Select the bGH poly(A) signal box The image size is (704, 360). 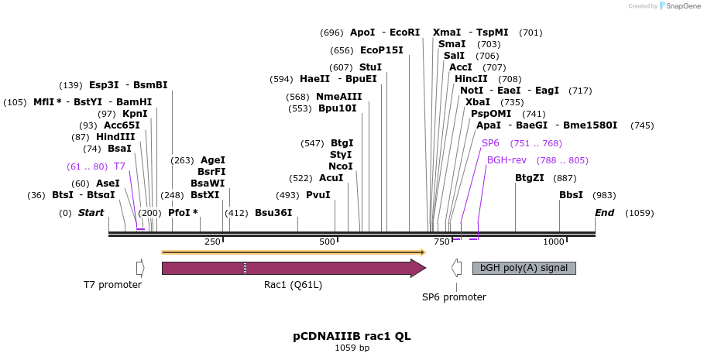coord(524,268)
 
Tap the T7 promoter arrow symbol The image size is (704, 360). coord(140,268)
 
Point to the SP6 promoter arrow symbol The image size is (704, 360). coord(456,268)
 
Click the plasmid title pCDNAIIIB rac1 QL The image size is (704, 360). coord(352,336)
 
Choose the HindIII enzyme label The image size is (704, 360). coord(115,136)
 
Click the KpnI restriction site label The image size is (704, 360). coord(135,113)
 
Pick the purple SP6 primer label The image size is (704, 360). coord(490,143)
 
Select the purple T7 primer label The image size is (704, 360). coord(119,166)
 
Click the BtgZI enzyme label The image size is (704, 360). coord(530,177)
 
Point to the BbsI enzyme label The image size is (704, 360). coord(571,195)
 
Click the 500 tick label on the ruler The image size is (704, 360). coord(327,242)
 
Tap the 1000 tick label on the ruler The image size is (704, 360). coord(554,242)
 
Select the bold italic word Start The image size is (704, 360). coord(91,213)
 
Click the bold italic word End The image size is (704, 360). coord(604,213)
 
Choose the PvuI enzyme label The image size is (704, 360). coord(318,195)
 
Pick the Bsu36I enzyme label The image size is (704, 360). coord(274,213)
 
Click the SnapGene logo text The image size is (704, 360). coord(682,6)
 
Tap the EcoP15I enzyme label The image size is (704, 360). coord(382,50)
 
